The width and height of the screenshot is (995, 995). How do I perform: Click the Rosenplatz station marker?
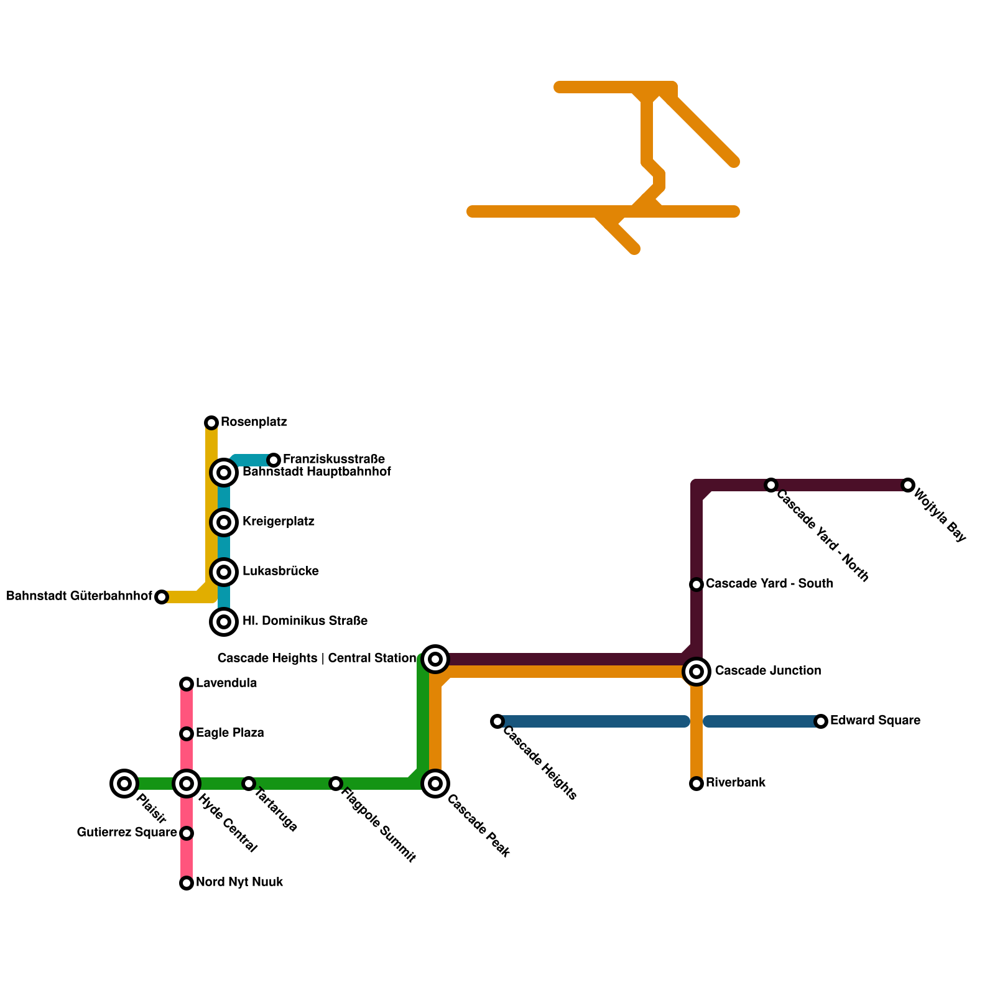pyautogui.click(x=211, y=423)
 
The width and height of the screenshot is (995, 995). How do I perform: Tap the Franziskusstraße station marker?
pyautogui.click(x=274, y=460)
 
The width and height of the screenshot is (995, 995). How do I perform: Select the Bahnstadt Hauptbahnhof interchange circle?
pyautogui.click(x=224, y=473)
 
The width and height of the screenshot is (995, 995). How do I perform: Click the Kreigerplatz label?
pyautogui.click(x=278, y=522)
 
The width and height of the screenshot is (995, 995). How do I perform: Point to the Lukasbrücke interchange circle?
pyautogui.click(x=224, y=572)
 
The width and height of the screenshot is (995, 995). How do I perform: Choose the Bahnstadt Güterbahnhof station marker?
pyautogui.click(x=162, y=597)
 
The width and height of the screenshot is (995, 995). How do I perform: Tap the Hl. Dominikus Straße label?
pyautogui.click(x=305, y=621)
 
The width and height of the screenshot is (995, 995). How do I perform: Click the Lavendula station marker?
pyautogui.click(x=187, y=684)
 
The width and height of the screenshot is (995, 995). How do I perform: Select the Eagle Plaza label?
pyautogui.click(x=229, y=733)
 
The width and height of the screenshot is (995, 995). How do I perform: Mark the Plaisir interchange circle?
pyautogui.click(x=124, y=784)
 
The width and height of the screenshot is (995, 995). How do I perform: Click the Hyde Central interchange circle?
pyautogui.click(x=187, y=784)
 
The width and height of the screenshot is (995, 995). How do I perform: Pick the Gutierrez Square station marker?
pyautogui.click(x=187, y=833)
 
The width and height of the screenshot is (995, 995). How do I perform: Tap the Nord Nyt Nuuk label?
pyautogui.click(x=239, y=882)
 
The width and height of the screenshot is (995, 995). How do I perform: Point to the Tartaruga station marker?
pyautogui.click(x=249, y=784)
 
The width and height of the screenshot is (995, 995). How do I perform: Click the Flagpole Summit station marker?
pyautogui.click(x=336, y=784)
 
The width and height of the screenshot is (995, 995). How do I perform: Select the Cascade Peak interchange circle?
pyautogui.click(x=435, y=784)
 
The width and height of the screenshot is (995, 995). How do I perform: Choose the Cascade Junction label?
pyautogui.click(x=768, y=671)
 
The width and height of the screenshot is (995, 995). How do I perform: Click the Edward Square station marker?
pyautogui.click(x=821, y=721)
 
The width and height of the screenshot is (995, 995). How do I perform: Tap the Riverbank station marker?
pyautogui.click(x=696, y=784)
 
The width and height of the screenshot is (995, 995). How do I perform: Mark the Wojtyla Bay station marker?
pyautogui.click(x=908, y=485)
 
